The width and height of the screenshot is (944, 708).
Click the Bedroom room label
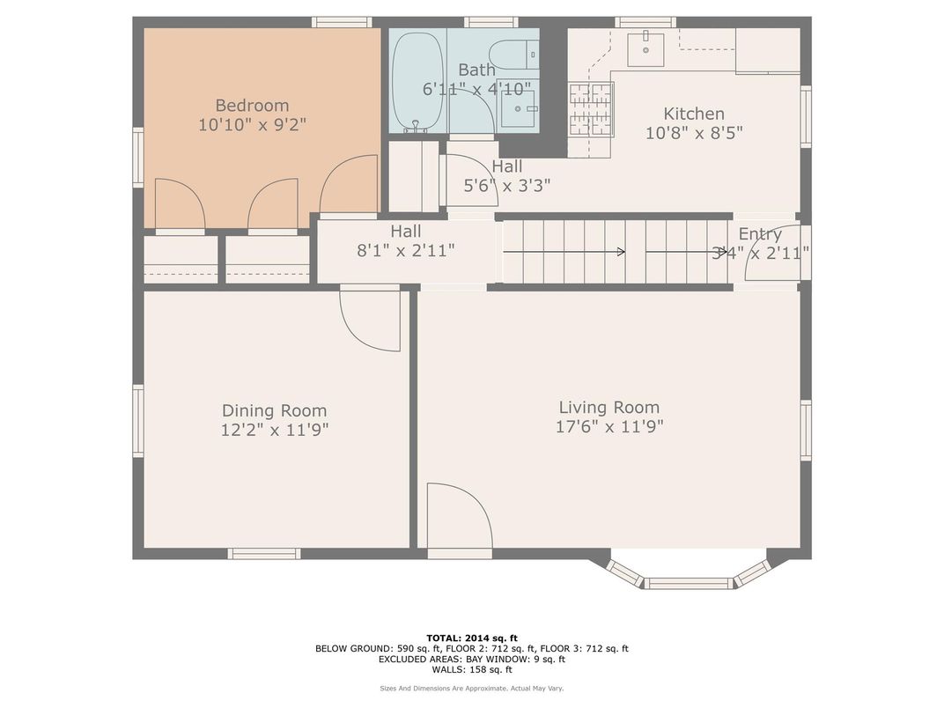tap(252, 106)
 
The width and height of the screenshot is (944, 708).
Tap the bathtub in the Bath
tap(417, 81)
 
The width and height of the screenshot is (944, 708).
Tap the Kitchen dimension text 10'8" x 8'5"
tap(694, 133)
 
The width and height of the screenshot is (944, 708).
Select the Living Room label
tap(608, 407)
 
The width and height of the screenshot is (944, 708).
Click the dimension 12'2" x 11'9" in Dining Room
tap(275, 430)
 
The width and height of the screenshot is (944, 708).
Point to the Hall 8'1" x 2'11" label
tap(405, 240)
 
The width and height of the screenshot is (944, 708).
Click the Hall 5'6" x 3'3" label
tap(506, 176)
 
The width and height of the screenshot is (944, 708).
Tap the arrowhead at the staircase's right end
tap(724, 252)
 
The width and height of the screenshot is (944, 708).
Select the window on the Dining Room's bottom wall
tap(264, 553)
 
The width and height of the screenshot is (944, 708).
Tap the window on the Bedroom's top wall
tap(342, 22)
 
